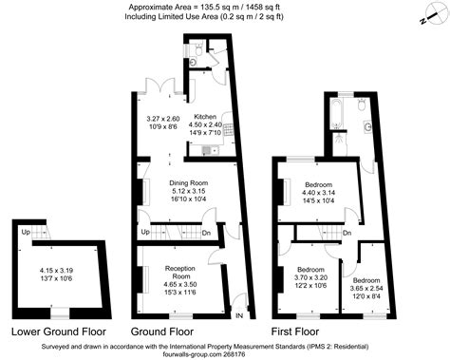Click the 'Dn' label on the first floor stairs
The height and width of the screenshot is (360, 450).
click(347, 233)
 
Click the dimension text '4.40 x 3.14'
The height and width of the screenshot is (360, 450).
click(319, 194)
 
